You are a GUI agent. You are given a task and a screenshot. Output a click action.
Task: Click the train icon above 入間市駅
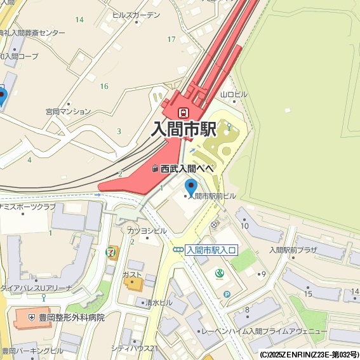[x=183, y=112]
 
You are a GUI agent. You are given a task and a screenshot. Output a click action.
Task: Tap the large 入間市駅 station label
[x=184, y=130]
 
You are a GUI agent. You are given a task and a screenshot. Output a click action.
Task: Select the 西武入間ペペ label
[x=186, y=169]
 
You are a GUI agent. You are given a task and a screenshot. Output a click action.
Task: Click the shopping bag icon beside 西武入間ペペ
[x=154, y=169]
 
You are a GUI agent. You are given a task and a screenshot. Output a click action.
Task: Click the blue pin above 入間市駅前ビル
[x=191, y=187]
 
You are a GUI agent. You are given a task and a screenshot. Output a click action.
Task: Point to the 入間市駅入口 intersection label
[x=211, y=250]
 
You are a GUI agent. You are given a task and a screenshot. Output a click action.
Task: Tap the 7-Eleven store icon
[x=112, y=252]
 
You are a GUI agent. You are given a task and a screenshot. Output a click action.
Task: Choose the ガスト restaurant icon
[x=133, y=283]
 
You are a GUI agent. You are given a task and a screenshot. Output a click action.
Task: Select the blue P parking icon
[x=227, y=294]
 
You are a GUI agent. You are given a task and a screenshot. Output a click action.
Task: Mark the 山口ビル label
[x=234, y=95]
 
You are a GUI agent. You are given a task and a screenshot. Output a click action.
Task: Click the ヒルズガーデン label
[x=136, y=14]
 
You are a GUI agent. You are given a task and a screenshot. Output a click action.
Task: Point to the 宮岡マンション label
[x=68, y=111]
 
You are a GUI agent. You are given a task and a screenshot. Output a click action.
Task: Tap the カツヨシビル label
[x=143, y=230]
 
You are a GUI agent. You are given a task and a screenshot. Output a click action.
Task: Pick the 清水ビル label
[x=158, y=303]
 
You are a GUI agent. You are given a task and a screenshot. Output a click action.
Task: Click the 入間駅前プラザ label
[x=293, y=250]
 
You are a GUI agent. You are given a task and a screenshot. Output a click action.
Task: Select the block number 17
[x=171, y=39]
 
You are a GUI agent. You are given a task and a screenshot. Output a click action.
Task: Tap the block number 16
[x=104, y=86]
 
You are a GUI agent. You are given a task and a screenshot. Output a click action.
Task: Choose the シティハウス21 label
[x=134, y=348]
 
